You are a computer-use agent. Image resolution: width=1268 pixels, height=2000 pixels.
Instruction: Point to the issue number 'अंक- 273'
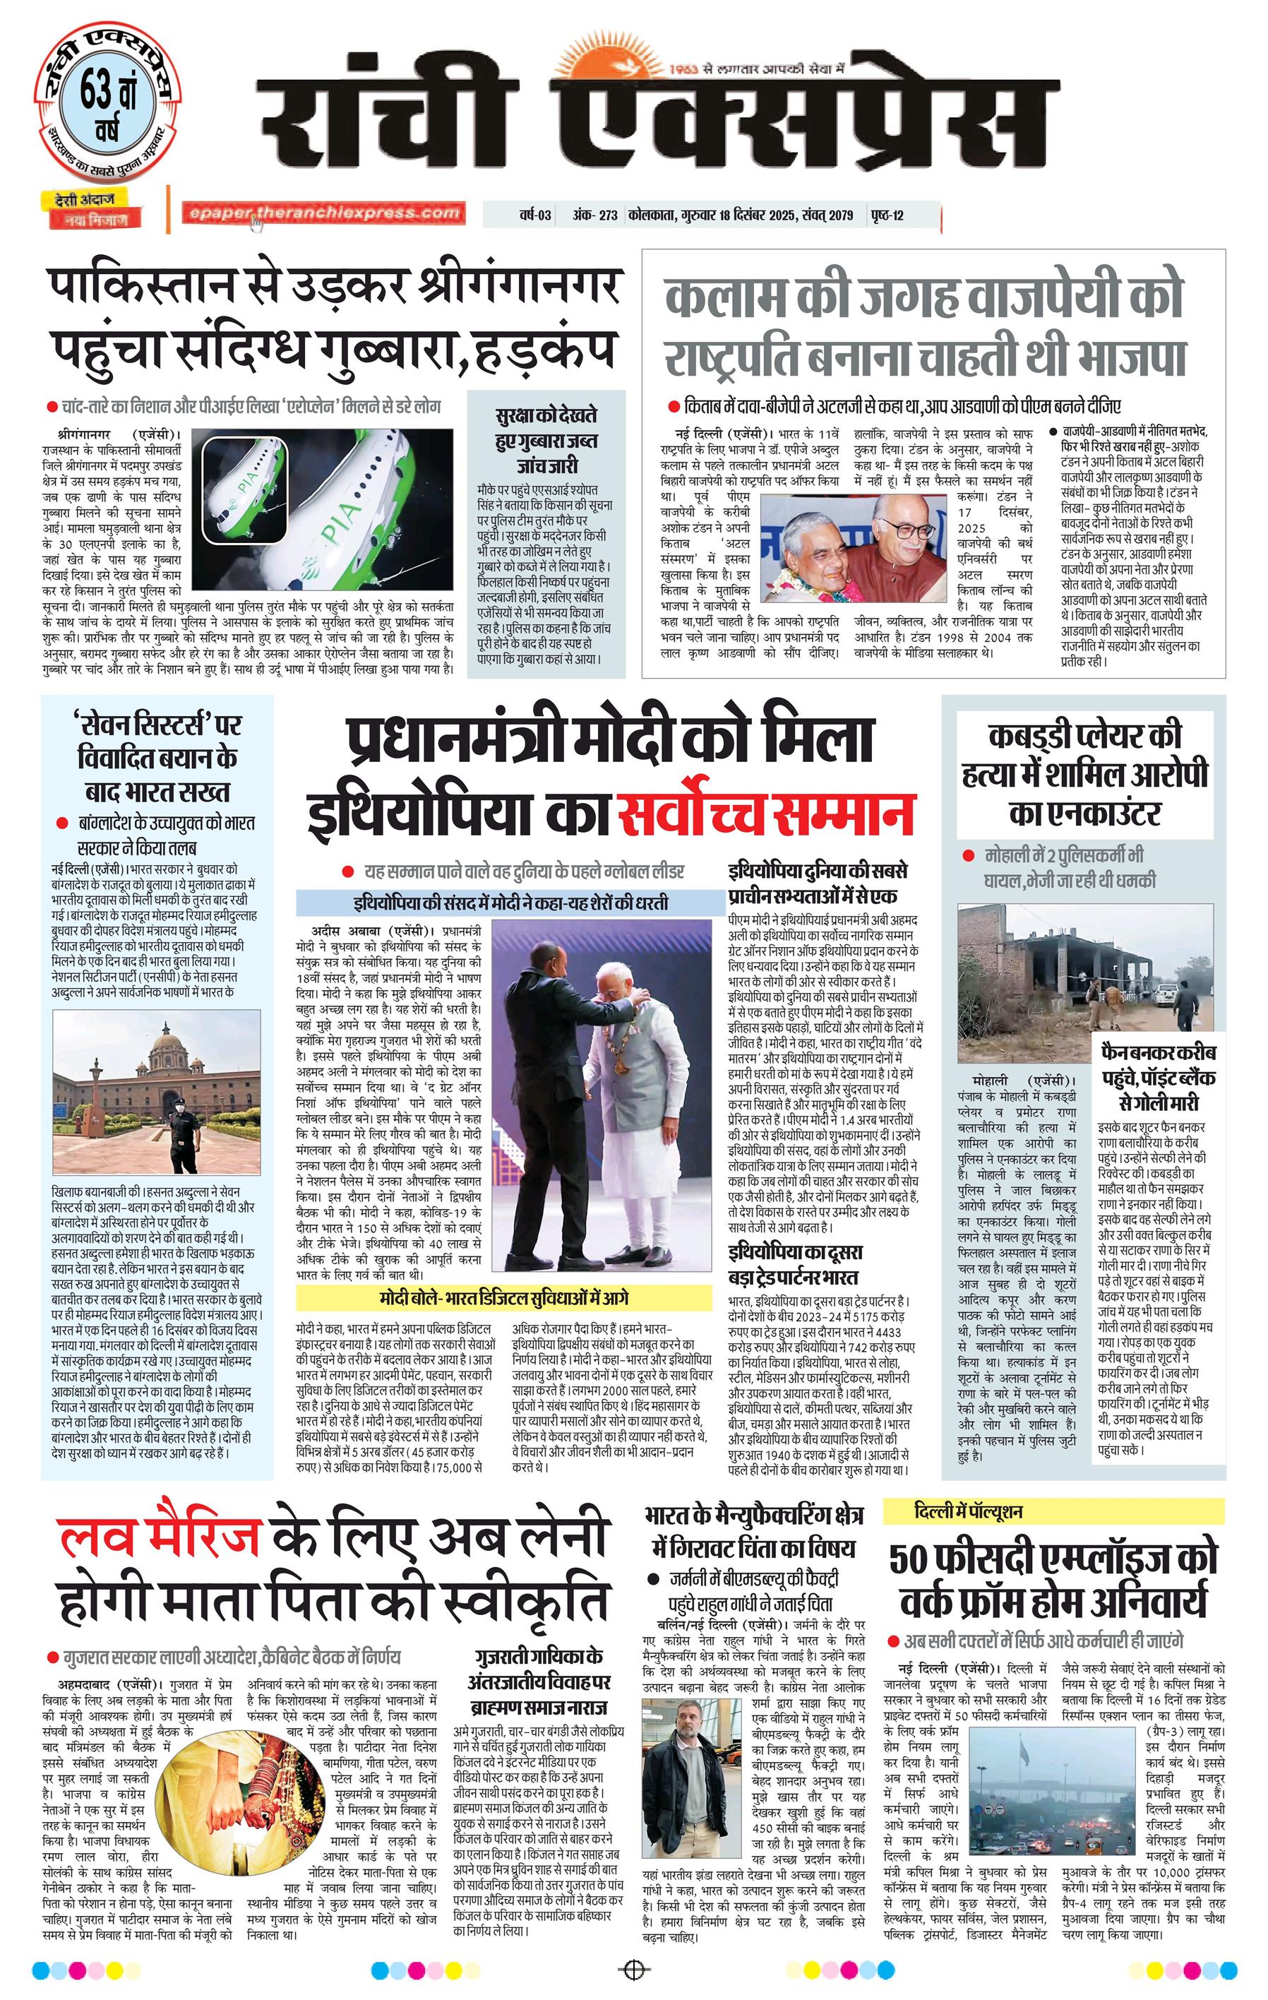pos(594,216)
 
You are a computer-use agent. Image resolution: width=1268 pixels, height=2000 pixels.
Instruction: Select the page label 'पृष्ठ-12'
pos(887,216)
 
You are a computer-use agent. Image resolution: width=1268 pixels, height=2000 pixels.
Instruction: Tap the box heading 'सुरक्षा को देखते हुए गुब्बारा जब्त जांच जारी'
pos(546,440)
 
